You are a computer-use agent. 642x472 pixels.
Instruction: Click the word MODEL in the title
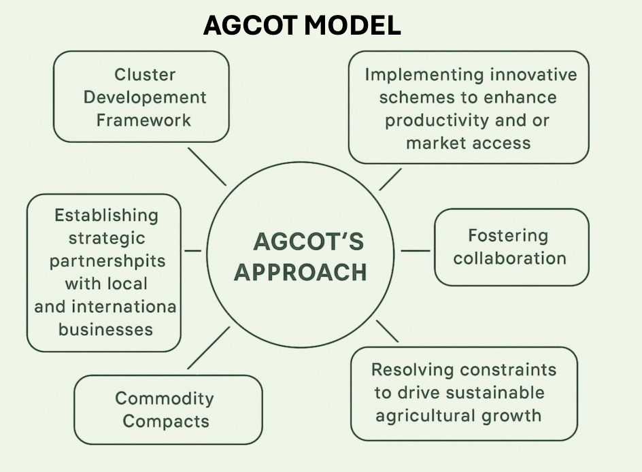352,25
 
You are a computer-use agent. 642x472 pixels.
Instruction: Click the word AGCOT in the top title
250,25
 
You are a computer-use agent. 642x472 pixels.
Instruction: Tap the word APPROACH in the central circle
300,272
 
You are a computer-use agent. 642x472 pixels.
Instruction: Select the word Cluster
145,75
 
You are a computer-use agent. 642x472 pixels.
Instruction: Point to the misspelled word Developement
145,98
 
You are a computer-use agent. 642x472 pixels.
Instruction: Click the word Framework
143,120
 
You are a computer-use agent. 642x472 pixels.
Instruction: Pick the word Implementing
424,75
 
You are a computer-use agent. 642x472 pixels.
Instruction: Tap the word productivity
437,121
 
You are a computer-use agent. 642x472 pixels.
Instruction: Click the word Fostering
508,236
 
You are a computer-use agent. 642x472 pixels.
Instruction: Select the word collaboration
510,258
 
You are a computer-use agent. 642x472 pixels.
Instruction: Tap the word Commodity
165,399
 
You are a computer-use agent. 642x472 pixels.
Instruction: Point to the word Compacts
166,422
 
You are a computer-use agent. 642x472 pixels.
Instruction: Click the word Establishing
107,216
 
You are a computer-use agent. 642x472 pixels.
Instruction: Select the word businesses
105,329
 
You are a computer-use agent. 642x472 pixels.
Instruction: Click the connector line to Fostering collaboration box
416,250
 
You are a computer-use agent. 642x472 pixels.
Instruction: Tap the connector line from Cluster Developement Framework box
207,167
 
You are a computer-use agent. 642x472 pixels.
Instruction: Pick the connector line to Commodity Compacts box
208,348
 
